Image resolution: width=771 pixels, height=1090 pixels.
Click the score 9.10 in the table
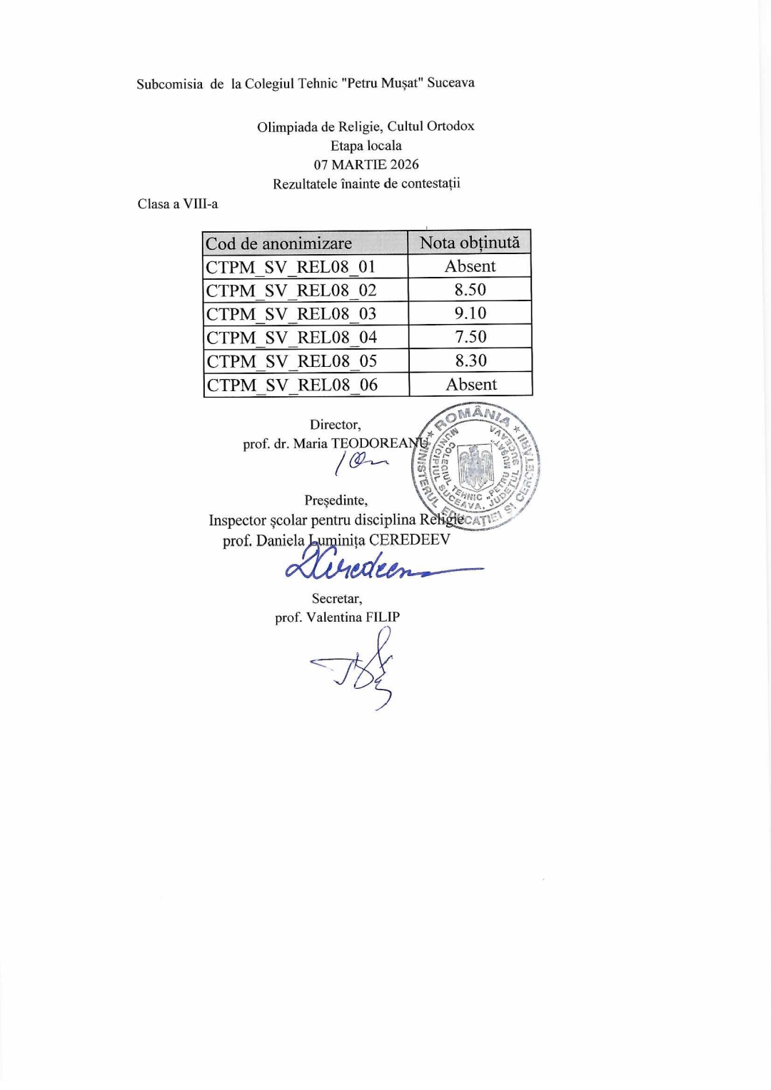(470, 313)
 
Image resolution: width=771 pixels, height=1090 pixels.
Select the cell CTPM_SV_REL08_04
(291, 338)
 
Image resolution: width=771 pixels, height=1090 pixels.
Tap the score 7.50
(470, 337)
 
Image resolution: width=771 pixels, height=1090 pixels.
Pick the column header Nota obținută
(470, 243)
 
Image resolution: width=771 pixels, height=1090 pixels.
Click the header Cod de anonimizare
(278, 244)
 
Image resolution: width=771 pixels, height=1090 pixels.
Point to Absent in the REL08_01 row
(470, 266)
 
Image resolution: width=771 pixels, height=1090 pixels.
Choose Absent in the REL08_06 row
(471, 385)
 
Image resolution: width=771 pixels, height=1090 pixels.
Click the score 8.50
(470, 290)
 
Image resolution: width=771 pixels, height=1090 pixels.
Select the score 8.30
(471, 360)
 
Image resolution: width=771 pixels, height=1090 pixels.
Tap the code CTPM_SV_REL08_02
(291, 291)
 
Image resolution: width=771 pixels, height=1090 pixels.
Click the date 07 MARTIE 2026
(366, 164)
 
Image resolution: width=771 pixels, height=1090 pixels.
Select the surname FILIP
(383, 617)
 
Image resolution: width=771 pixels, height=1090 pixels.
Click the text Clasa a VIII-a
(178, 204)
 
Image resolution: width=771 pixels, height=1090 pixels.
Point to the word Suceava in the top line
(450, 83)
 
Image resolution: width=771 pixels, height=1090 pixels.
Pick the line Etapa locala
(366, 146)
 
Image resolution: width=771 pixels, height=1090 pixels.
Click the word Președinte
(336, 500)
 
